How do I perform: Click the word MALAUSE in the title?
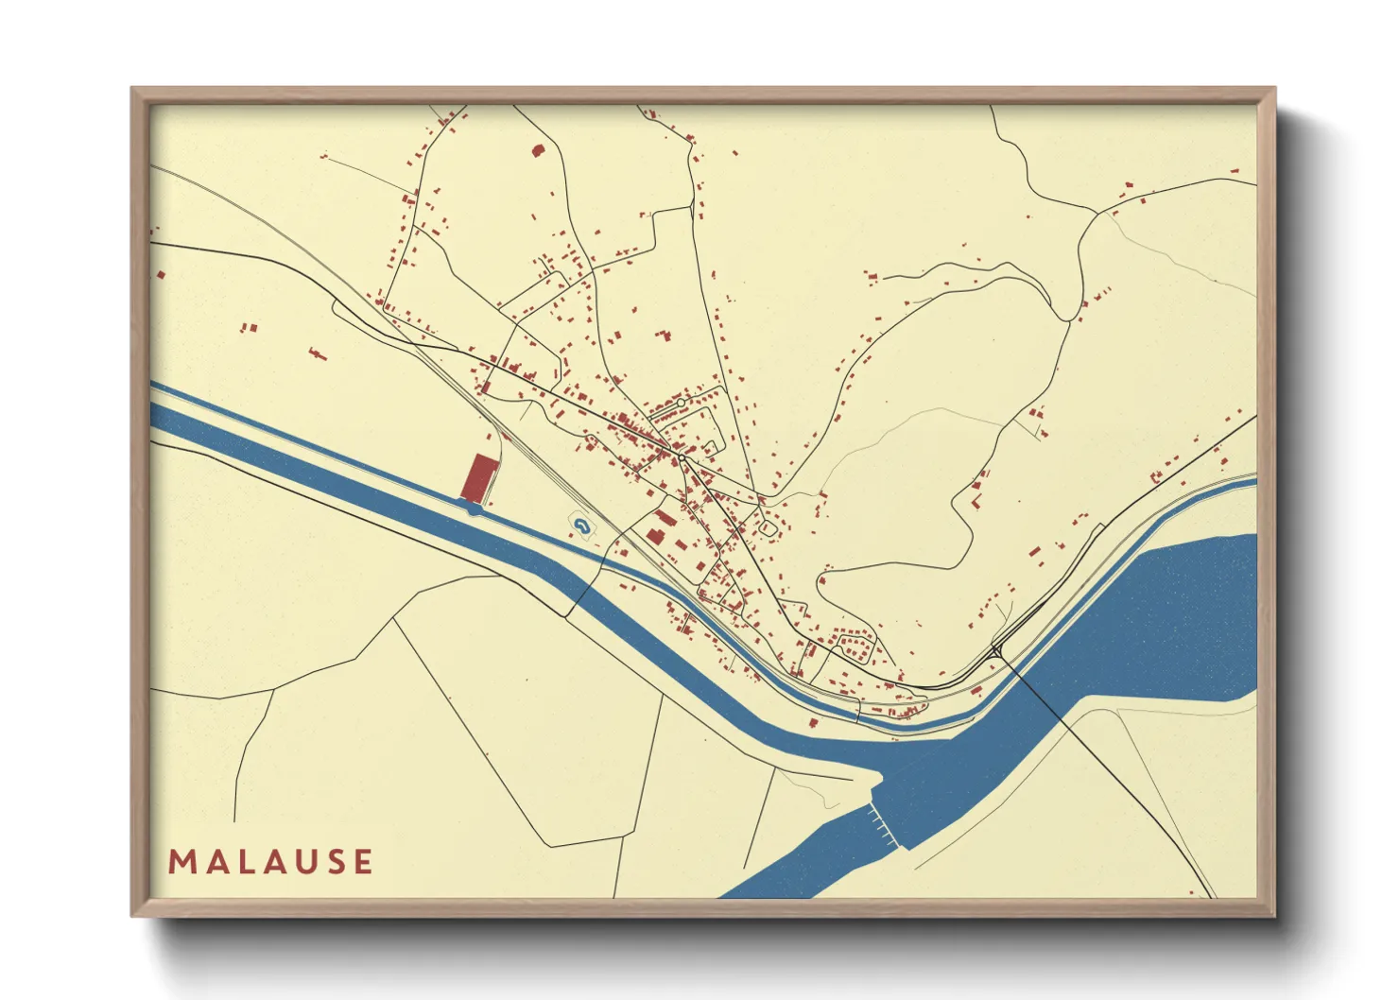click(270, 862)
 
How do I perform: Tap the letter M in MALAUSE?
click(181, 862)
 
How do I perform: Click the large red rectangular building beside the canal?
click(479, 477)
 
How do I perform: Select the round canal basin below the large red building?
click(474, 509)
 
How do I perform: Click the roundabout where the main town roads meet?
click(681, 457)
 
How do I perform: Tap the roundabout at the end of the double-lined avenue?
click(681, 403)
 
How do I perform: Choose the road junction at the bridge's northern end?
click(996, 650)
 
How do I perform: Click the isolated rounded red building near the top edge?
click(538, 149)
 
